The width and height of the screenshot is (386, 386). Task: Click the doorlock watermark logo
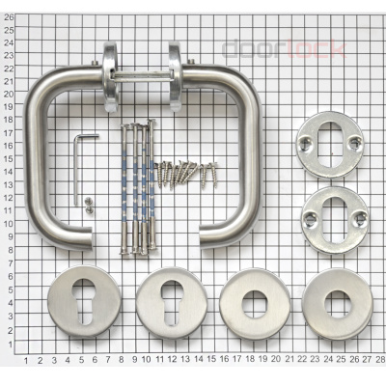285,49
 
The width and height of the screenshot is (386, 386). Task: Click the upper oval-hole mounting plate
330,145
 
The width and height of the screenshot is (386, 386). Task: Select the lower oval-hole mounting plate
335,220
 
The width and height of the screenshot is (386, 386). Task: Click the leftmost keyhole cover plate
84,301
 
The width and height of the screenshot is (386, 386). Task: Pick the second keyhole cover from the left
172,303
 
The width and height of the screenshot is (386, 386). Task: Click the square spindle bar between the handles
143,77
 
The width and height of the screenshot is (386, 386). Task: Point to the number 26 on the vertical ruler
9,17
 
